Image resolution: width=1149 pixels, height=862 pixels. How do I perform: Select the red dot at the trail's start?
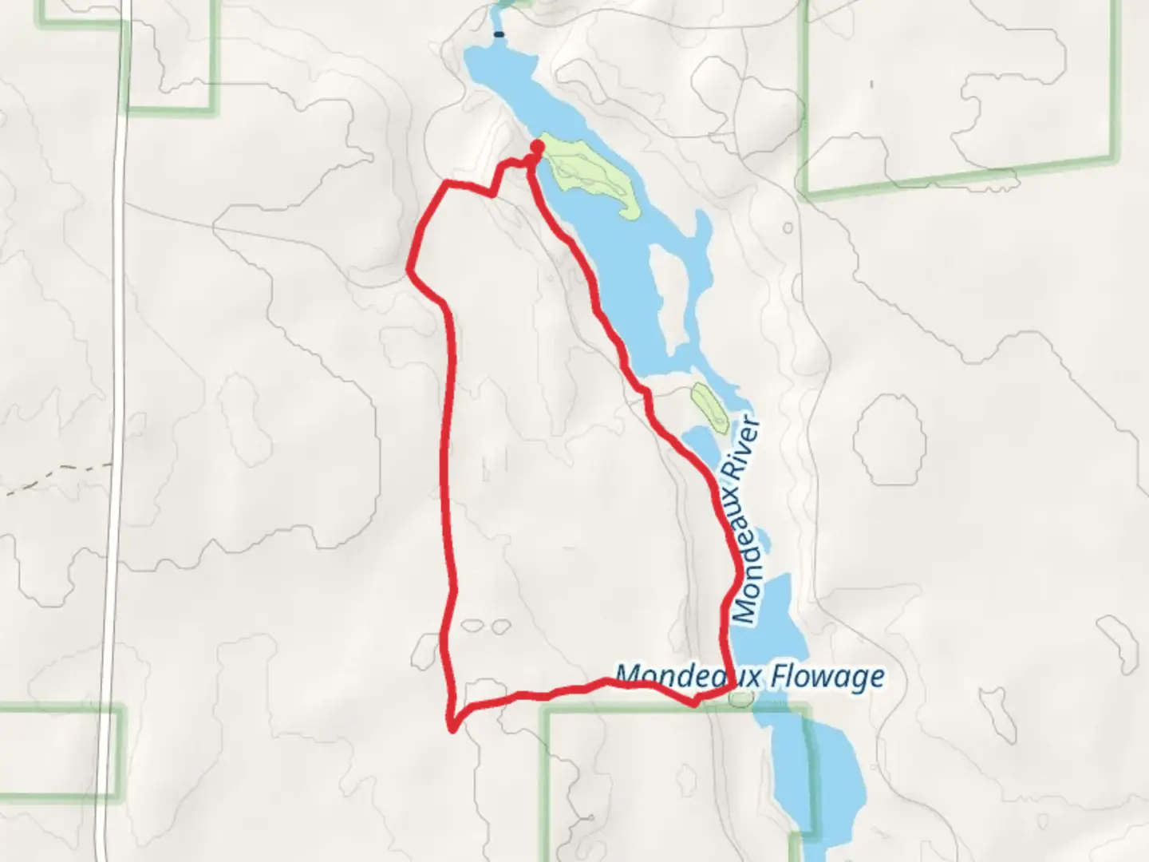(537, 146)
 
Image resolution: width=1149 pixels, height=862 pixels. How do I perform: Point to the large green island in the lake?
(590, 172)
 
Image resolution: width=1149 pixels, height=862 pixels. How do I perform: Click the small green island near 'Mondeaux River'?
(709, 407)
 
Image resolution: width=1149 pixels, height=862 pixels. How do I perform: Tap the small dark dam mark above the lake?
(499, 34)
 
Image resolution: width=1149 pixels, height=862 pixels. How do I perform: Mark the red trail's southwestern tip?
(452, 727)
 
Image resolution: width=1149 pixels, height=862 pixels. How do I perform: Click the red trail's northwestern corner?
(445, 185)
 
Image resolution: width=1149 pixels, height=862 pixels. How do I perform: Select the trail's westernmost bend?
(410, 270)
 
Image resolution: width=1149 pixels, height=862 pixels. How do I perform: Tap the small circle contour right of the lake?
(788, 227)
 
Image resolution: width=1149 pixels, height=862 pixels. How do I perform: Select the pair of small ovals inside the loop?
(486, 627)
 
